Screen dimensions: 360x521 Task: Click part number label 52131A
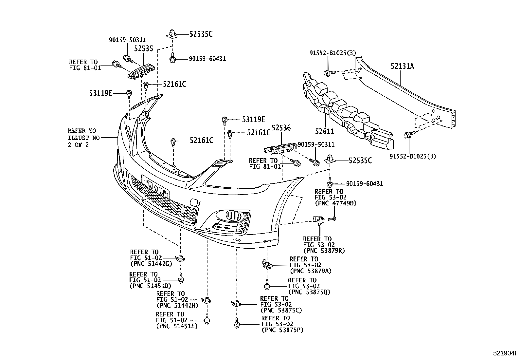pos(402,66)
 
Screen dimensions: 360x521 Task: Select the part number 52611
pos(325,132)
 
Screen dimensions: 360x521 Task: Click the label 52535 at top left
pos(144,49)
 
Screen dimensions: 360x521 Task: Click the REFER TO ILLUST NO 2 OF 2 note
pos(83,138)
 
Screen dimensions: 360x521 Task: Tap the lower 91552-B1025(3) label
pos(413,156)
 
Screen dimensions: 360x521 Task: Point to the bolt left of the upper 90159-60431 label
pos(172,59)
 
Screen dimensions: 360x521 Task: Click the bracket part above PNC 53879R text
pos(318,220)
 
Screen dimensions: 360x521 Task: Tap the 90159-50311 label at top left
pos(127,40)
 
